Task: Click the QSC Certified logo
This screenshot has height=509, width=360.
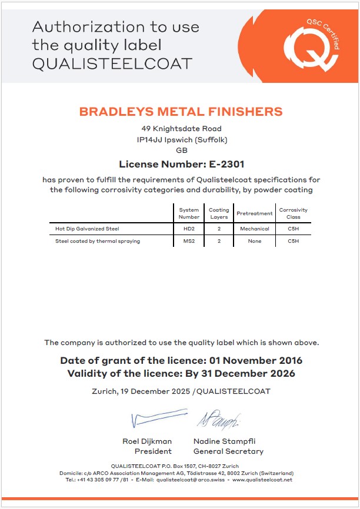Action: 311,44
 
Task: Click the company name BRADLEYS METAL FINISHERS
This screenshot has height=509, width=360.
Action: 181,112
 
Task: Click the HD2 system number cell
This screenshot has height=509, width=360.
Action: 189,229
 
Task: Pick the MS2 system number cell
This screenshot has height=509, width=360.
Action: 189,241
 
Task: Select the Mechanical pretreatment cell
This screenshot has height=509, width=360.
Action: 254,229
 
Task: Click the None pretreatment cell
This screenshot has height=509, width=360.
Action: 254,241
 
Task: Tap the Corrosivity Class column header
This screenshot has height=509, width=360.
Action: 293,213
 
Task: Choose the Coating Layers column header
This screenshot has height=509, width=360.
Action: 219,213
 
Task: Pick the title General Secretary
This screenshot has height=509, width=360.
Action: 228,451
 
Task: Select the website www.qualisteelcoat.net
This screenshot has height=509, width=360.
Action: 262,480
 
